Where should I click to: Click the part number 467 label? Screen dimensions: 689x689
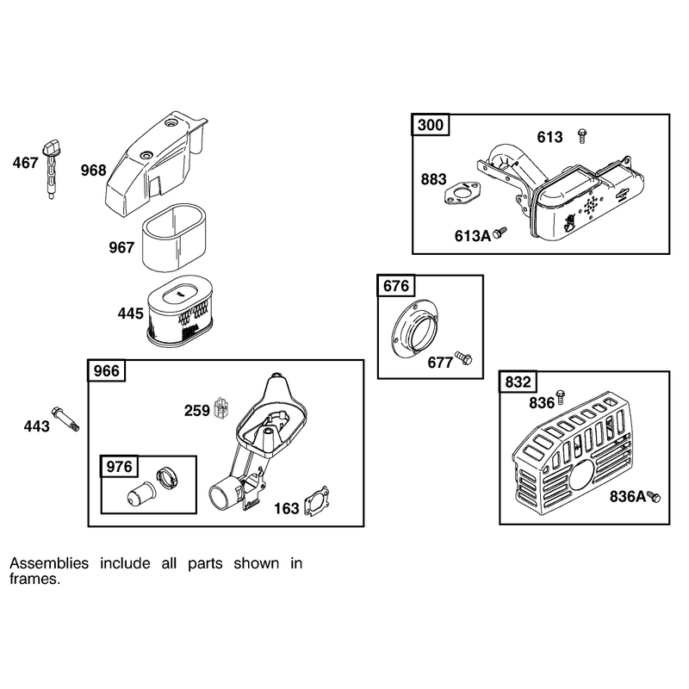coord(26,163)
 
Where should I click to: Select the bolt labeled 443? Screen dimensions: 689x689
coord(65,419)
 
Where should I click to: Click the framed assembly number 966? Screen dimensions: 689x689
coord(107,371)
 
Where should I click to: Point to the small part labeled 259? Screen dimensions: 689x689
coord(220,408)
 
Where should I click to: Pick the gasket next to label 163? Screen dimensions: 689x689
coord(316,501)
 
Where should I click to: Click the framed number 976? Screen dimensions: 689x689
coord(119,466)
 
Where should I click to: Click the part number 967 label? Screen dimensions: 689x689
coord(121,247)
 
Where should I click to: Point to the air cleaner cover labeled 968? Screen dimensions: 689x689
coord(155,164)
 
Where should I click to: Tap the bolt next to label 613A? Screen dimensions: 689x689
coord(500,233)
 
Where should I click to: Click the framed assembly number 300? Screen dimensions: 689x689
coord(430,125)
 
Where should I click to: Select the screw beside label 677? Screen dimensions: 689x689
coord(464,357)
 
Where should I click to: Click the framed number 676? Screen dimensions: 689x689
coord(396,286)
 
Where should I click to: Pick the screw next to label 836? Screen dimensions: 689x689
coord(561,397)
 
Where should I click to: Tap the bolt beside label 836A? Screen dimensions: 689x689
coord(654,497)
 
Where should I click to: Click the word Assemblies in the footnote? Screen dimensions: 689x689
coord(49,563)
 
